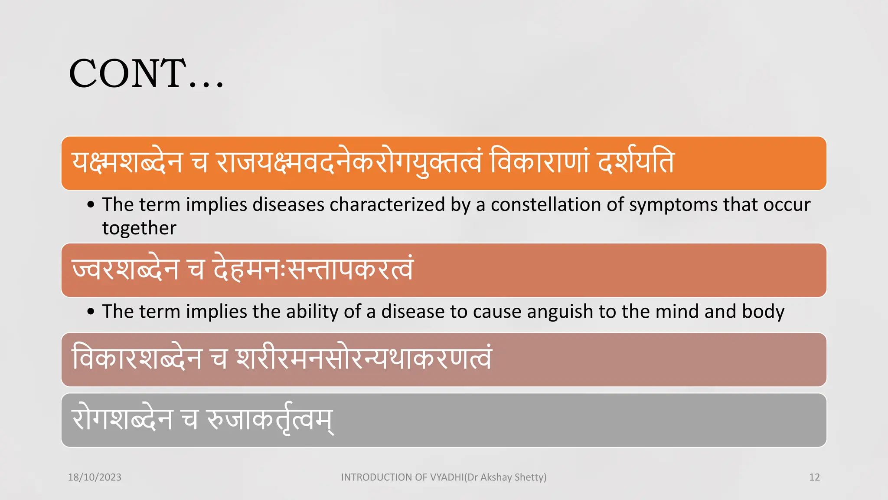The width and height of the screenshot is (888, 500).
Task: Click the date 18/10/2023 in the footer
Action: tap(95, 477)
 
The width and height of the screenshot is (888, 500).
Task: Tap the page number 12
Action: tap(814, 477)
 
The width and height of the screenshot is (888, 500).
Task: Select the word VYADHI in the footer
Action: tap(447, 477)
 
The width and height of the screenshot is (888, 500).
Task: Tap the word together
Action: tap(139, 228)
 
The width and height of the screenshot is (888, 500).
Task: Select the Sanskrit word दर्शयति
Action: tap(636, 163)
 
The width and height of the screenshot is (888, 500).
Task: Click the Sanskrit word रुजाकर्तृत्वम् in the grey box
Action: tap(270, 420)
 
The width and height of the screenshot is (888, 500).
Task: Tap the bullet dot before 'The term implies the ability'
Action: tap(91, 311)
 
